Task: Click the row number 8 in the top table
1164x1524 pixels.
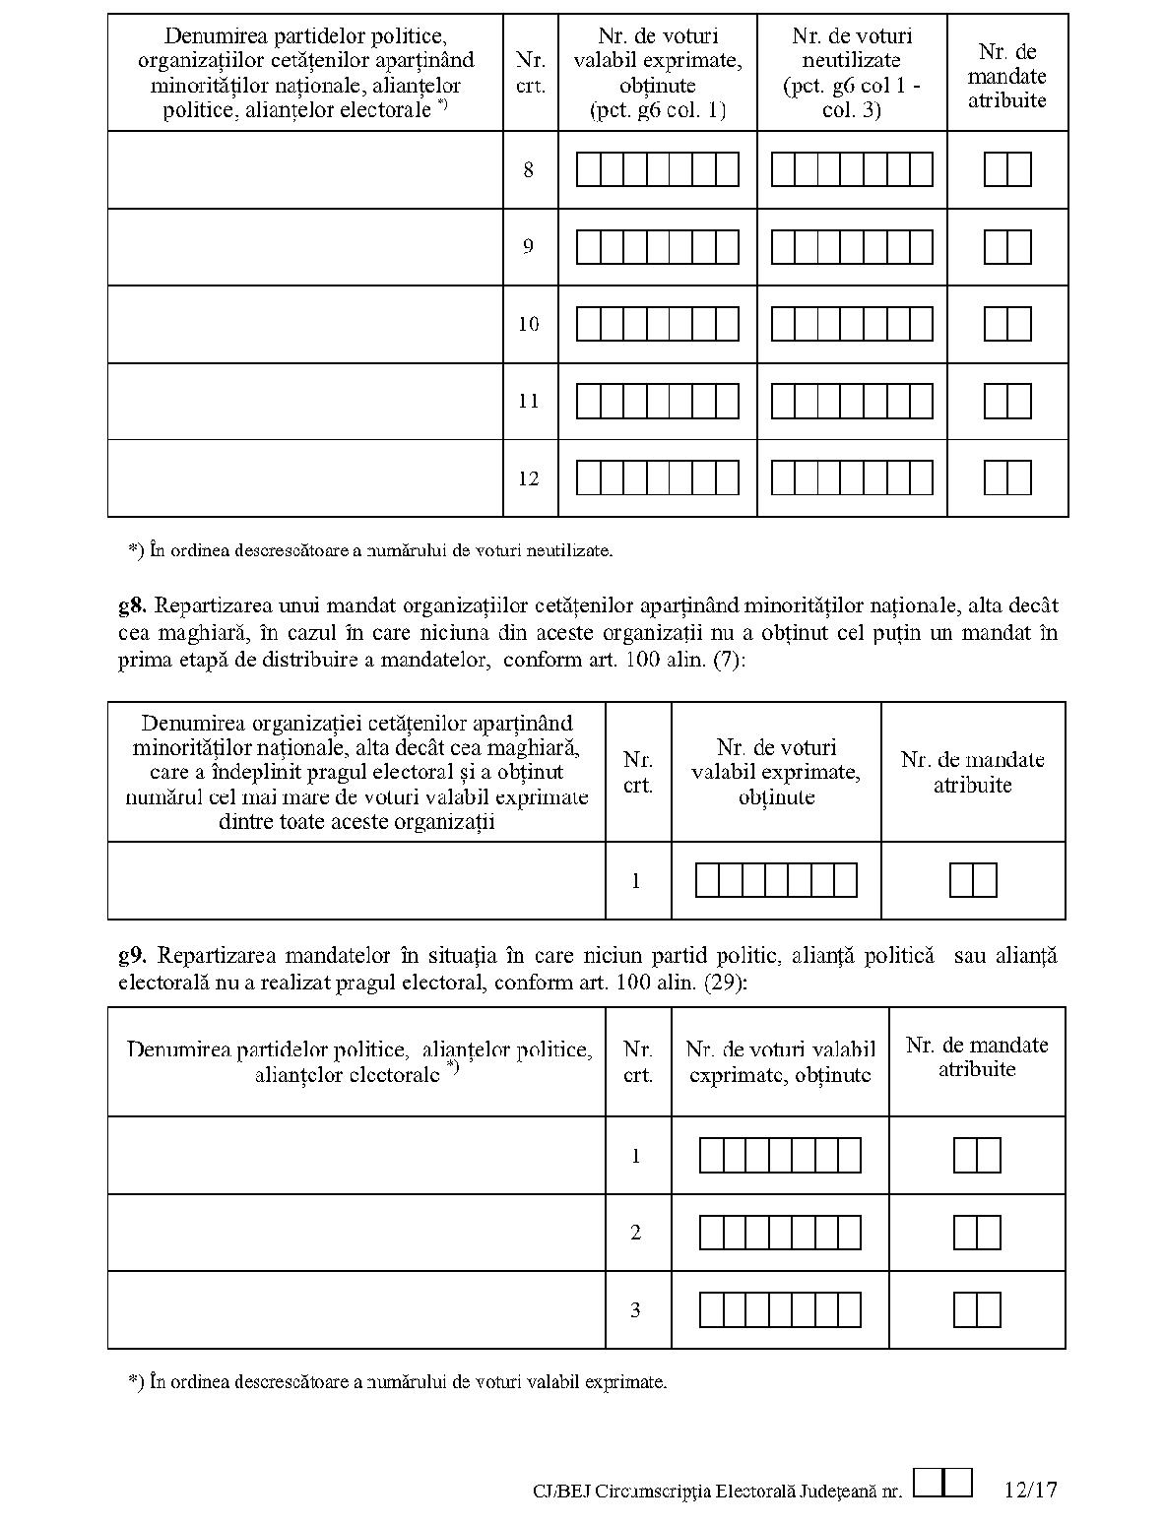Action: pos(529,170)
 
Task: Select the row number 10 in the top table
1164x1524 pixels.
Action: pos(529,324)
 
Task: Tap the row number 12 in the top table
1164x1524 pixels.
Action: pos(529,478)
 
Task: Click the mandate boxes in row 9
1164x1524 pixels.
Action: pos(1006,247)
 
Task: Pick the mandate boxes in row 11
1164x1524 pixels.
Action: pos(1006,401)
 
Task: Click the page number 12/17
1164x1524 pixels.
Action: pos(1030,1490)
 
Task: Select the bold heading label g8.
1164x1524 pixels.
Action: pos(133,604)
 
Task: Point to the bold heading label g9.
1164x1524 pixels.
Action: pos(133,955)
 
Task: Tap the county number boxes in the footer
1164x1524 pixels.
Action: pos(942,1483)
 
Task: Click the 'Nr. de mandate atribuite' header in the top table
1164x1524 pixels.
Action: pos(1006,76)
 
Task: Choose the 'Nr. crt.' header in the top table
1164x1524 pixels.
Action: pos(530,73)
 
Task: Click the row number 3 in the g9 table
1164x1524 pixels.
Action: pos(636,1309)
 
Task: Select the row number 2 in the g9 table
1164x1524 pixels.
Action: pos(636,1233)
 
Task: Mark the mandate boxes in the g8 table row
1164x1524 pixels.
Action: pos(973,880)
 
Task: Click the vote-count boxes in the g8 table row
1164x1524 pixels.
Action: pos(776,880)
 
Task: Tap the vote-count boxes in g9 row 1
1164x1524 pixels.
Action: pos(780,1155)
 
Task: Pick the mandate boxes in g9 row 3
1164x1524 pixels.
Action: pos(977,1309)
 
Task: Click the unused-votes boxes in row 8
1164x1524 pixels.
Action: pos(852,169)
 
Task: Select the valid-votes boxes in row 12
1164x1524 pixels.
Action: pos(657,477)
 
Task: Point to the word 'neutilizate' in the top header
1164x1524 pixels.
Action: pos(852,60)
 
